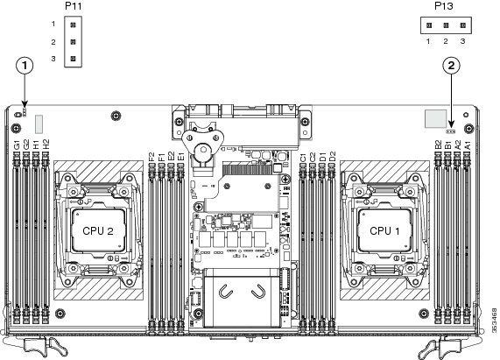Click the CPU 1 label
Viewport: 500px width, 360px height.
384,230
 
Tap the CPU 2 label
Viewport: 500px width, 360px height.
98,231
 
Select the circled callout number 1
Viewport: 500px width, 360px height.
25,66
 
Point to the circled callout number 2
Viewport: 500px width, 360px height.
451,66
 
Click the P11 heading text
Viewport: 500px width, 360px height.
74,6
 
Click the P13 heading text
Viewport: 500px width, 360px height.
444,6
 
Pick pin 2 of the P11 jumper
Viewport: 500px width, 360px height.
73,42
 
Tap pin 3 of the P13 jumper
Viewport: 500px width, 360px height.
463,25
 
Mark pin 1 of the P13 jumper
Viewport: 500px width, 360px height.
429,25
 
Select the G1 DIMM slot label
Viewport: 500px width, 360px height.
17,145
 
